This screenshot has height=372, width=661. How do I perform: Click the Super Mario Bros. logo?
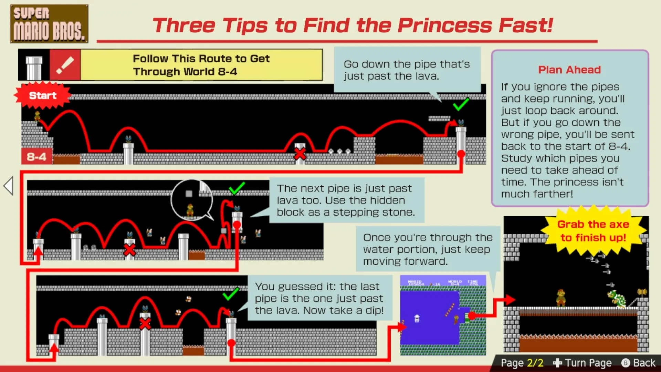49,24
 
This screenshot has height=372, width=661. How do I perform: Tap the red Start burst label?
43,95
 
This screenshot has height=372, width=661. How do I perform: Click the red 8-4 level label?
36,157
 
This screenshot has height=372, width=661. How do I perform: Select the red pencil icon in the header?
65,65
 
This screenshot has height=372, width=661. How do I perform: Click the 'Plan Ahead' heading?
569,70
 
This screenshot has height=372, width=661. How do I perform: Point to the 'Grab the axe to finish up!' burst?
593,231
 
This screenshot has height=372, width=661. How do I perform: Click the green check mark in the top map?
461,104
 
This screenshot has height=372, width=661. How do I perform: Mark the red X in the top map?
300,154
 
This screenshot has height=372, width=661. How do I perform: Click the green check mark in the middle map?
237,188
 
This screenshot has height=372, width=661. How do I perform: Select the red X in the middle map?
129,250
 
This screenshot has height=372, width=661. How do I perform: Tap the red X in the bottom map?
145,324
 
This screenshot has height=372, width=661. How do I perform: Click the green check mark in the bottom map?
231,293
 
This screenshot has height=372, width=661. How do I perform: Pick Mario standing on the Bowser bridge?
561,298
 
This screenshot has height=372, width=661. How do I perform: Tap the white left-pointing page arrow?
8,186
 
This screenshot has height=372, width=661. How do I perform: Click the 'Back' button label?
644,363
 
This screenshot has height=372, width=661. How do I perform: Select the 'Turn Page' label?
588,363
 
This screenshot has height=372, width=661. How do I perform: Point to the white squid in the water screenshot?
417,319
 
